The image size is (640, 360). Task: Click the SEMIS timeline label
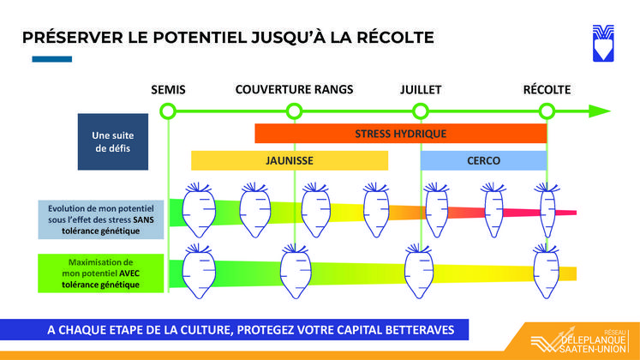click(168, 89)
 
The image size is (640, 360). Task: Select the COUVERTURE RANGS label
click(294, 89)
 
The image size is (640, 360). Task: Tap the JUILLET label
click(421, 89)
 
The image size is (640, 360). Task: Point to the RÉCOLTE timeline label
click(547, 89)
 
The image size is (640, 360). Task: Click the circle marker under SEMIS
click(168, 111)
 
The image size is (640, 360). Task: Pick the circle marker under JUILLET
click(421, 111)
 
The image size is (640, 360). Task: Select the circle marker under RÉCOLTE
click(547, 111)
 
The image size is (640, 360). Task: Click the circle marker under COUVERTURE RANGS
click(294, 111)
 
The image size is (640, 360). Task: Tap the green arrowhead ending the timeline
click(599, 111)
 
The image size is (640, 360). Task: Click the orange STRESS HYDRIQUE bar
click(400, 134)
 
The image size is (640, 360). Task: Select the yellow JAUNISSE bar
click(289, 160)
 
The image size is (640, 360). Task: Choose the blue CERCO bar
click(483, 160)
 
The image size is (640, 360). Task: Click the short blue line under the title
click(51, 59)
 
